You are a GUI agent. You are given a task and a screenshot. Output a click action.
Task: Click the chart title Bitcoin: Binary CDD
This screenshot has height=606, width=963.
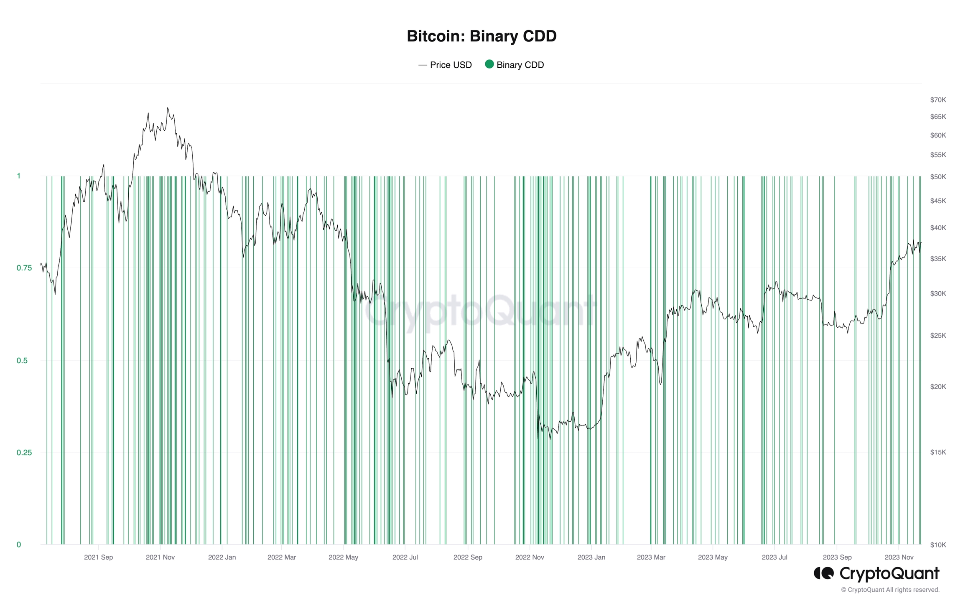[481, 36]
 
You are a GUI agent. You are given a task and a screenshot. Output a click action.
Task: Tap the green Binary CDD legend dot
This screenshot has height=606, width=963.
[489, 64]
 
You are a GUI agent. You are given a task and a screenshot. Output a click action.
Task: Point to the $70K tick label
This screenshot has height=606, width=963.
[938, 100]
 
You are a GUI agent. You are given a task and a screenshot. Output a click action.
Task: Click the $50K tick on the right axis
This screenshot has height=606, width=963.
[938, 177]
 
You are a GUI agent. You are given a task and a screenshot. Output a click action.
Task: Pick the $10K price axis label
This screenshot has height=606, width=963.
[938, 545]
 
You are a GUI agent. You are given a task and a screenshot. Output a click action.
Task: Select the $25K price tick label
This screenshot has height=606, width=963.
[938, 336]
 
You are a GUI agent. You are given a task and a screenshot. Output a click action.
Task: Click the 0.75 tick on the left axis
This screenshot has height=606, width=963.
[24, 268]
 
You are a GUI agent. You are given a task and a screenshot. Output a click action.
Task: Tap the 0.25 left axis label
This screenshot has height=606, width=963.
[24, 453]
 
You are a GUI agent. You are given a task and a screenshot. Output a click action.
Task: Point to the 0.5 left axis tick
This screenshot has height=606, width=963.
[22, 361]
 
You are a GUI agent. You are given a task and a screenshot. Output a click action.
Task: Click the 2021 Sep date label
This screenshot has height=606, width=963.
[98, 558]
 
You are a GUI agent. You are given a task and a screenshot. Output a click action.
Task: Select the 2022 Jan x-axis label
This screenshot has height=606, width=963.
[222, 558]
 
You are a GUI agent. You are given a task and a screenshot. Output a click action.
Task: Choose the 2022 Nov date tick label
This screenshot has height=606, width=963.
[529, 558]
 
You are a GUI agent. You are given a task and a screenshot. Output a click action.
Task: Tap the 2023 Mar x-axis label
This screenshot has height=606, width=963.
[651, 558]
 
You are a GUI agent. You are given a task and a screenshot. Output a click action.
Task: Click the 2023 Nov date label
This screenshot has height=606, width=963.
[899, 558]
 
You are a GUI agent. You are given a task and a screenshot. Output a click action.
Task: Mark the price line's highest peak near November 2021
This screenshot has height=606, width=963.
[168, 108]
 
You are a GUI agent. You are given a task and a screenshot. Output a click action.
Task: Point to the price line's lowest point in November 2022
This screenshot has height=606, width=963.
[538, 438]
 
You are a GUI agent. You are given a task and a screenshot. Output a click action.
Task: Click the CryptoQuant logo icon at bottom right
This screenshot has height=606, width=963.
[823, 573]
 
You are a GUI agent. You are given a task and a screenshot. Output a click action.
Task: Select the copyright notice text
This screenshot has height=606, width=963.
[890, 590]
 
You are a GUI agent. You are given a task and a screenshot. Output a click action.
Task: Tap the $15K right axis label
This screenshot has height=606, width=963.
[938, 452]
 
